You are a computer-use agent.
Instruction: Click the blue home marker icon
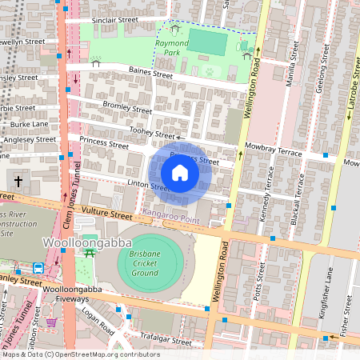tap(180, 173)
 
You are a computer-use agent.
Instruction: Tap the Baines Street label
tap(150, 74)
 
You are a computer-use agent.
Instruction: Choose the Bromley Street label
tap(127, 107)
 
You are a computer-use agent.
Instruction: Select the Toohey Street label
tap(153, 134)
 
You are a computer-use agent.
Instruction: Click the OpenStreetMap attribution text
tap(80, 354)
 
